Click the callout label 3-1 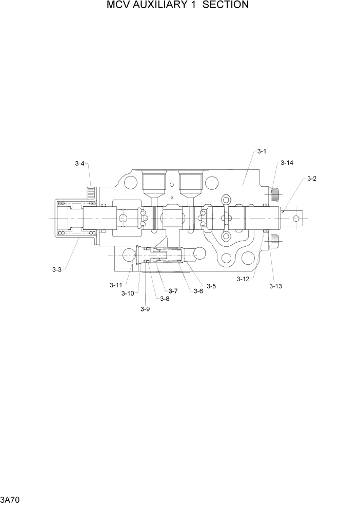point(262,151)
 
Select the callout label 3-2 point(312,179)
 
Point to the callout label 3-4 point(79,164)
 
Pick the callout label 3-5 point(211,286)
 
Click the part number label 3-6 point(198,291)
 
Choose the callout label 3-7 point(173,291)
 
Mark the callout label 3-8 point(164,299)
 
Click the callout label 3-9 point(145,309)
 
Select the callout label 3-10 point(127,293)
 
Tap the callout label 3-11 point(115,285)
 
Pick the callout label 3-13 point(275,286)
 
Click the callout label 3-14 point(287,163)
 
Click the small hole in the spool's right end point(296,219)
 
